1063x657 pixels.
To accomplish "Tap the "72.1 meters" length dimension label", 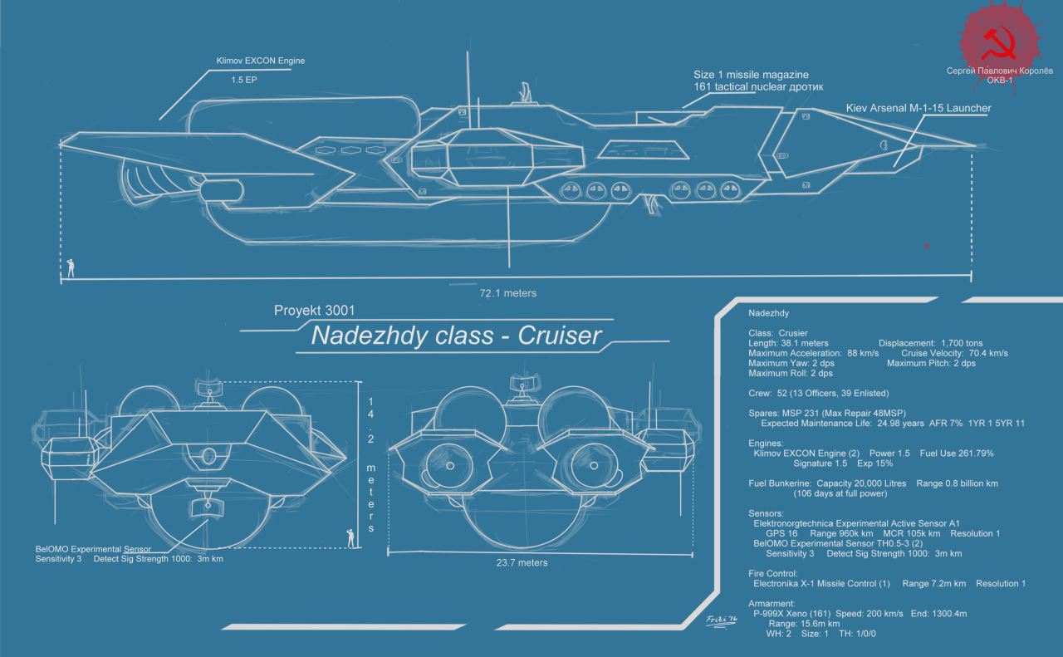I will (x=507, y=293).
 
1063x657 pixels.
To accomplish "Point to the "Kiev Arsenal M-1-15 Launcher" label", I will (x=918, y=108).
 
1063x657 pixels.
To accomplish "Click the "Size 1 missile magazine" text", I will (x=751, y=75).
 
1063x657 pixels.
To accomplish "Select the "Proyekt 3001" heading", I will (x=314, y=311).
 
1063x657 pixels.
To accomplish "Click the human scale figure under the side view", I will (x=71, y=267).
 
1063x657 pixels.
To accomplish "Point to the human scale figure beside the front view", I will (x=350, y=537).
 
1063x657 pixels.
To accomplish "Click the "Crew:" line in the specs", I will (x=762, y=393).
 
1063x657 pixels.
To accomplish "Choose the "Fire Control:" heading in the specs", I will (x=772, y=573).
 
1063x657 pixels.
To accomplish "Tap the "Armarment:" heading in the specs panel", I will (x=772, y=603).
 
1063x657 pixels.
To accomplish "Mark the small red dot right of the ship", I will (x=926, y=245).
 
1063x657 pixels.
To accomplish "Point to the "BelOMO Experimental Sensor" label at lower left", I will (x=93, y=549).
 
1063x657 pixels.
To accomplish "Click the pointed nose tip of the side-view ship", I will (x=974, y=146).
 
